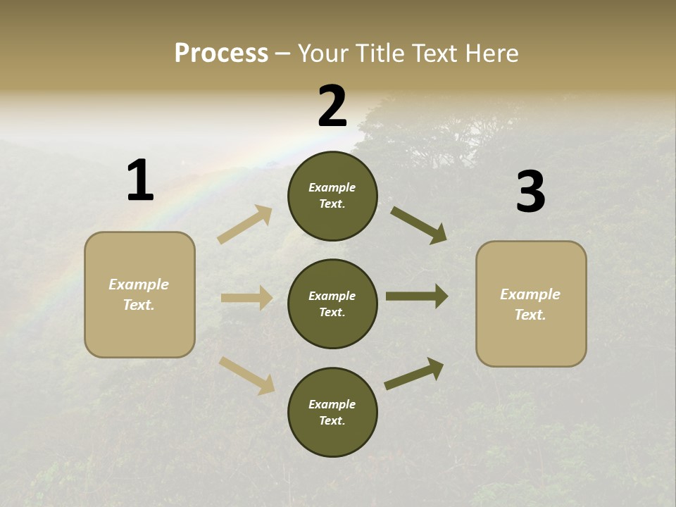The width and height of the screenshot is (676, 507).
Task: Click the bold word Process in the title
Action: tap(221, 54)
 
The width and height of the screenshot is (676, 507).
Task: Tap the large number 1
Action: tap(140, 181)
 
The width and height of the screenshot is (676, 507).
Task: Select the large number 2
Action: tap(332, 106)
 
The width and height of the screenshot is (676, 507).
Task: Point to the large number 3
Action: tap(530, 192)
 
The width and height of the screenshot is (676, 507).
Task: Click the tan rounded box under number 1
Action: tap(139, 294)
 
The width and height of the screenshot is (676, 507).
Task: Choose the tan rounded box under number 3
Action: tap(531, 303)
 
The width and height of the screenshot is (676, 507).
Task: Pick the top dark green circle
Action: tap(332, 196)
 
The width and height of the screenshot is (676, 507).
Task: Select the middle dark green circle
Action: tap(332, 303)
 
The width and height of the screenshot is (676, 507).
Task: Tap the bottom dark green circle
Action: tap(332, 412)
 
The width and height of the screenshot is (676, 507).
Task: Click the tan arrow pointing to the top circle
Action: tap(245, 225)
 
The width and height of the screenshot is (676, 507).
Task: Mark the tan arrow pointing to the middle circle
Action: tap(246, 298)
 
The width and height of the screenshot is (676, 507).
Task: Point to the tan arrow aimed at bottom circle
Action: tap(246, 375)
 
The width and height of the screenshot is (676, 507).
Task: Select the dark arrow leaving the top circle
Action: tap(419, 225)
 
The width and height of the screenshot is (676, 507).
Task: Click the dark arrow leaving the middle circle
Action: tap(417, 296)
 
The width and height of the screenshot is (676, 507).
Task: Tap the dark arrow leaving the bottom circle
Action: tap(414, 374)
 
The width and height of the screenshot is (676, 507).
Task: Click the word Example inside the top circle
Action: tap(332, 187)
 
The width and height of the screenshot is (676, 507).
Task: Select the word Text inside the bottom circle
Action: tap(331, 420)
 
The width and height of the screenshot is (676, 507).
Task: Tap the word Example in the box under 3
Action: tap(530, 294)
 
